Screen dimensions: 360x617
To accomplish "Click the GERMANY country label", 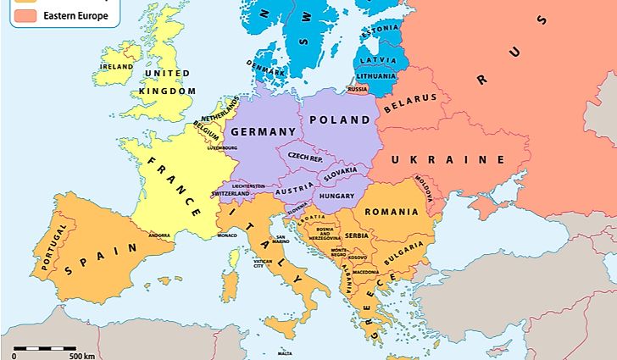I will coord(263,131).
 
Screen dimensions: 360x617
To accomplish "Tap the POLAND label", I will coord(340,120).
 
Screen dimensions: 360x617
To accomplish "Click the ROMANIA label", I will coord(391,213).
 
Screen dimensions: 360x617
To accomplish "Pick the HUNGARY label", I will coord(336,195).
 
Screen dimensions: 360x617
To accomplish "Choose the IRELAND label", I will coord(117,66).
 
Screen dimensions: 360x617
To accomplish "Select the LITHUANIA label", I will coord(376,76).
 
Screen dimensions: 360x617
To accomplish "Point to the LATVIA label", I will coord(378,60).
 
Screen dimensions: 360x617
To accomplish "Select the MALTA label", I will coord(285,352).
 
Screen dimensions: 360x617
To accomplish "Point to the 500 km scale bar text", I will coord(81,355).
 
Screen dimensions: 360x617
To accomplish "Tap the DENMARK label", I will coord(265,64).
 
